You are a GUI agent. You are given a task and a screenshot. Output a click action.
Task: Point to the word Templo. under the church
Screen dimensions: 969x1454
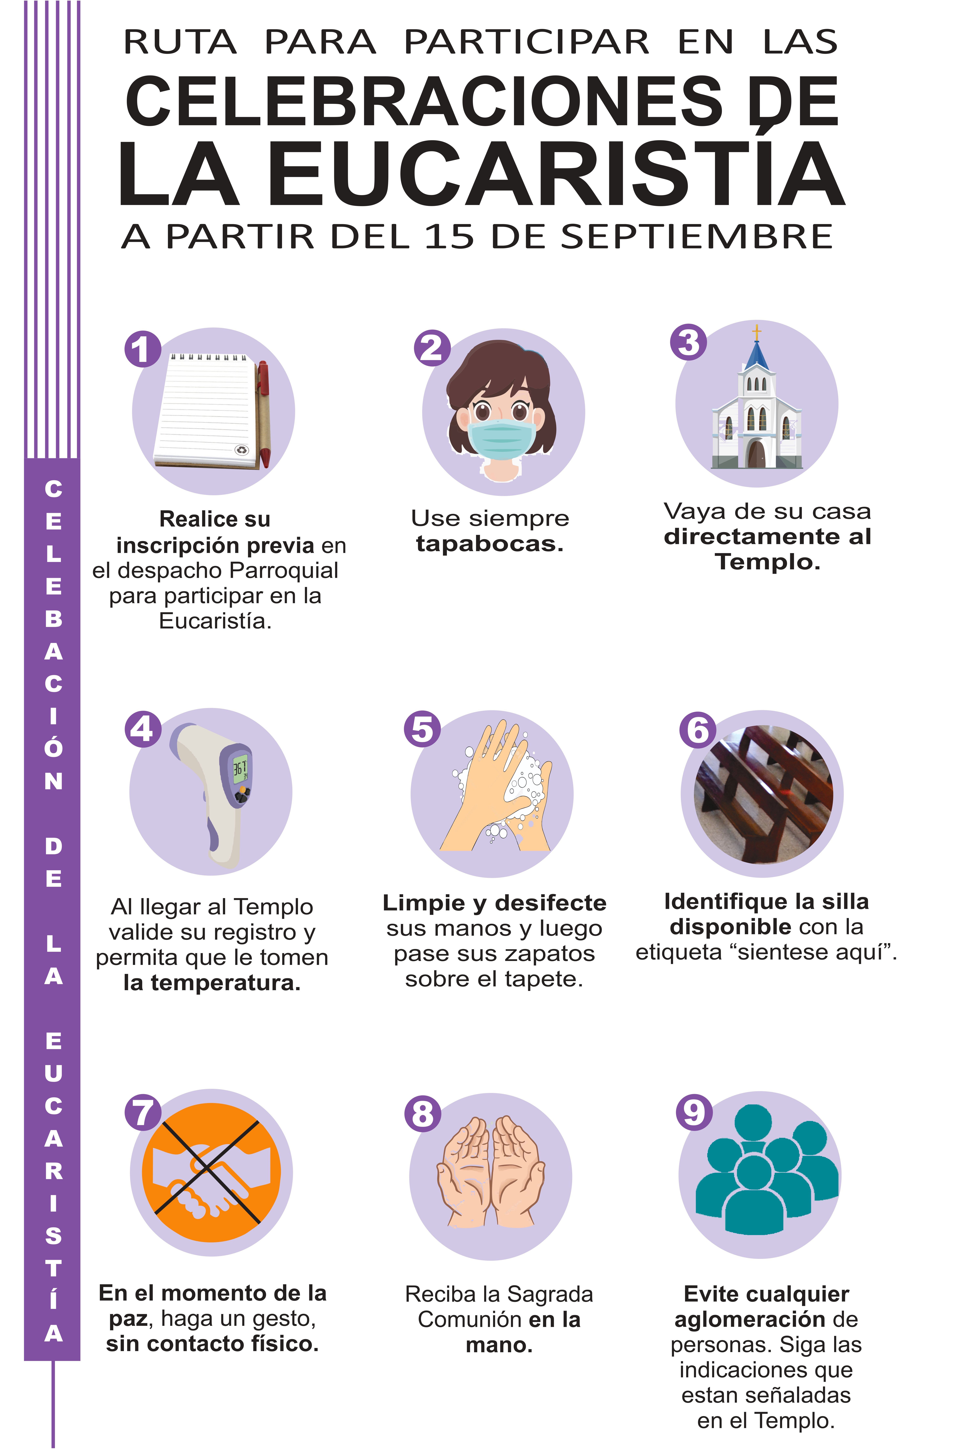768,562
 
